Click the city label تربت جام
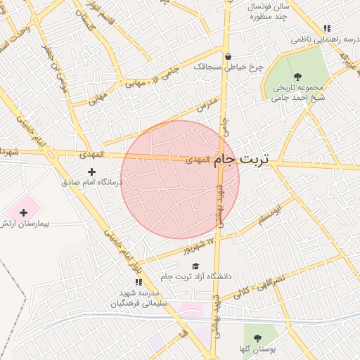pos(241,160)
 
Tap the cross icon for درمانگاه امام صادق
pos(91,172)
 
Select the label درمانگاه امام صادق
pos(91,182)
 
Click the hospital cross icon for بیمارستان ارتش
pos(23,212)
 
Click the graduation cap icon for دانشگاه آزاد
pos(195,266)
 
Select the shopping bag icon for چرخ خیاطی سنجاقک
pos(228,57)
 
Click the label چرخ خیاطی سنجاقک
pos(228,67)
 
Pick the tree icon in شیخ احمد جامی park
pos(297,76)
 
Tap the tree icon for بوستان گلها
pos(257,338)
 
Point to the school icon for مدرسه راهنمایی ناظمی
pos(326,29)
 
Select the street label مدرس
pos(205,105)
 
